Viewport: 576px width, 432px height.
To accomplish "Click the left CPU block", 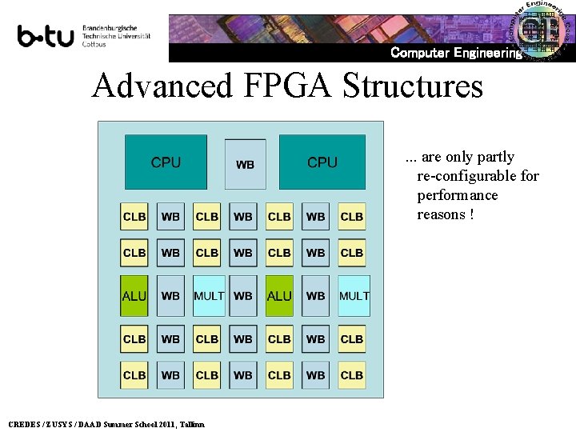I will point(166,162).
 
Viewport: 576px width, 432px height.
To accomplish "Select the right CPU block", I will point(322,162).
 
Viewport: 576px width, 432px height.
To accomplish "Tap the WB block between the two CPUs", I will point(245,164).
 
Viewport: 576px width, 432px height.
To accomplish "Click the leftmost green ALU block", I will point(134,295).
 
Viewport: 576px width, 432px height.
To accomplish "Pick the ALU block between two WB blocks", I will point(279,295).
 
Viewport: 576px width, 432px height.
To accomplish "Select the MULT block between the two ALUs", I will point(209,295).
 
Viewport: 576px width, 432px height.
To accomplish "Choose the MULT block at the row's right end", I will point(354,295).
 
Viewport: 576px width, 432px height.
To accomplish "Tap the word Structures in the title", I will point(413,86).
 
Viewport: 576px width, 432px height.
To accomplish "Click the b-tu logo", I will point(46,35).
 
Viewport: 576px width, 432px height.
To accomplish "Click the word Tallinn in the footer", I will point(192,424).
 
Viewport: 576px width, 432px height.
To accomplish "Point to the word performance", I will point(458,195).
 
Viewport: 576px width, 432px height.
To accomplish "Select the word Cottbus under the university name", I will point(94,44).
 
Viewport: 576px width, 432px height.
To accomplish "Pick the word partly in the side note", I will point(496,157).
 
